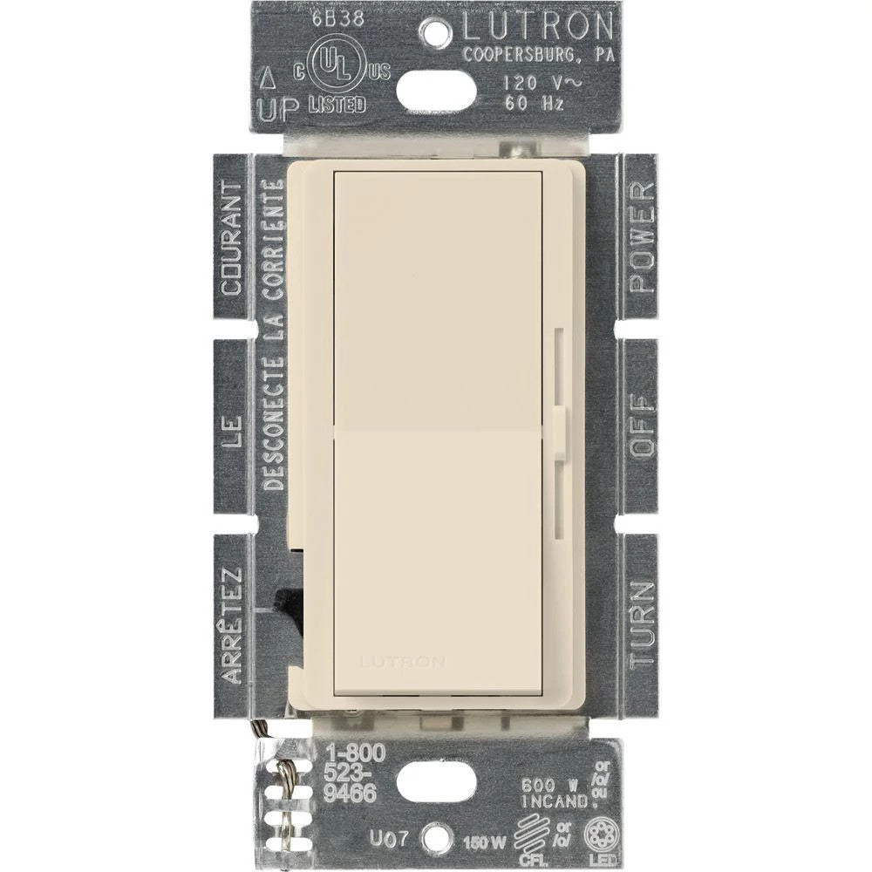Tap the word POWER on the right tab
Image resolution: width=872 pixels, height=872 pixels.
tap(640, 237)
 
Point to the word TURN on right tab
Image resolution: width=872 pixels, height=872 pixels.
tap(640, 623)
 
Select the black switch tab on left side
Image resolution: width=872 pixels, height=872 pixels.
tap(288, 602)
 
